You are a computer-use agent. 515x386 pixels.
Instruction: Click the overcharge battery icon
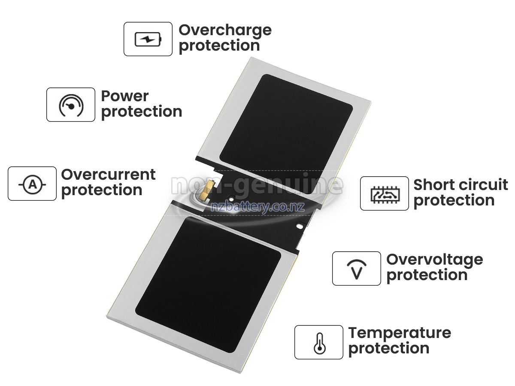tap(148, 39)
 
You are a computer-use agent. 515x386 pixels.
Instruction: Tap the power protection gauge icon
tap(71, 105)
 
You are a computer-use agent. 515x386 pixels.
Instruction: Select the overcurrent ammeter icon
tap(32, 184)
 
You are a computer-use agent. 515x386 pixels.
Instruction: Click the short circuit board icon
tap(384, 194)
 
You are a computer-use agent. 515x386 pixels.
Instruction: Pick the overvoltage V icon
tap(356, 269)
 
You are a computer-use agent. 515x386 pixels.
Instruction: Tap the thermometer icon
tap(318, 343)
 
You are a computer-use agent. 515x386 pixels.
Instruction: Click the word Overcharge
tap(225, 30)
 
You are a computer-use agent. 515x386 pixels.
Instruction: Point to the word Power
tap(124, 96)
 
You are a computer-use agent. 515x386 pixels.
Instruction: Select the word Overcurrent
tap(108, 175)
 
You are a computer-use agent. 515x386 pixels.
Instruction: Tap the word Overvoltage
tap(434, 259)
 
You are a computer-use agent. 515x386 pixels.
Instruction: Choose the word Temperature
tap(400, 333)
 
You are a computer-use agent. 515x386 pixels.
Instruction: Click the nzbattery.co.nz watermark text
tap(257, 208)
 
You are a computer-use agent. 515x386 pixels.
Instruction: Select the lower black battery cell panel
tap(208, 283)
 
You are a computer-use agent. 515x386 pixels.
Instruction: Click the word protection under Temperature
tap(388, 348)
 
